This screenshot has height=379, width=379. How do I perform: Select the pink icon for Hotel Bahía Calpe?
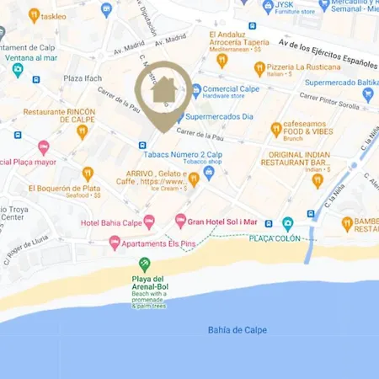click(149, 222)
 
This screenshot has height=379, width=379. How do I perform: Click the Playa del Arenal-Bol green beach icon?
click(144, 264)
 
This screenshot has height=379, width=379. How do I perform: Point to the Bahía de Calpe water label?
click(237, 329)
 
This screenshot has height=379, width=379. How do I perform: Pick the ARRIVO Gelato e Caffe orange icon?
click(194, 178)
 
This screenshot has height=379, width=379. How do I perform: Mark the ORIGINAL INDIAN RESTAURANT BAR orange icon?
click(317, 180)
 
